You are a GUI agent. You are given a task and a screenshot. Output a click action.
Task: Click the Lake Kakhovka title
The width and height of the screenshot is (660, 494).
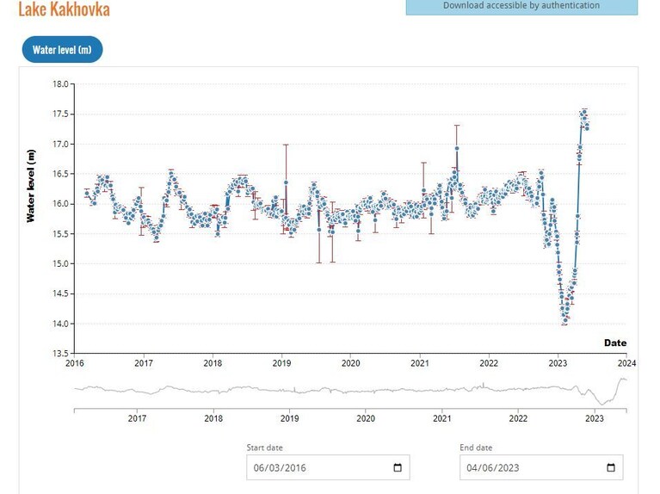(64, 9)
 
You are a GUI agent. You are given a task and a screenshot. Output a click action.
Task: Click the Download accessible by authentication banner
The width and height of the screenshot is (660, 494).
(521, 7)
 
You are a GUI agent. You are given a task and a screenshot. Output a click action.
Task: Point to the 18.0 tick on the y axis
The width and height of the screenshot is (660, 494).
(60, 83)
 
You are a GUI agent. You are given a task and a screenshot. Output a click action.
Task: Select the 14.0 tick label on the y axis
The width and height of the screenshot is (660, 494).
(60, 324)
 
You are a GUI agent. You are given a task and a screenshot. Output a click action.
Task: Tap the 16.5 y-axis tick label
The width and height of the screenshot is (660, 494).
(60, 174)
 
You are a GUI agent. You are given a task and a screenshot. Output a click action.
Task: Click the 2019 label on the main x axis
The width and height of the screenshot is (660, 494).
(281, 363)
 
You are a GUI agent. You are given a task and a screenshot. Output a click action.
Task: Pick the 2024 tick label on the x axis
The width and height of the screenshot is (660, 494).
(626, 363)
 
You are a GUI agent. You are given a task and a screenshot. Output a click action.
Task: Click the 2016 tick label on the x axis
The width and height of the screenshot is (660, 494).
(75, 363)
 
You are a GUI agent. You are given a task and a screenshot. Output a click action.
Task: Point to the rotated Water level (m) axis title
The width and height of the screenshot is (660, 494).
(31, 186)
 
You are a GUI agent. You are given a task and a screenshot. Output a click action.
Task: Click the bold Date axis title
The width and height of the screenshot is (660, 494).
(615, 343)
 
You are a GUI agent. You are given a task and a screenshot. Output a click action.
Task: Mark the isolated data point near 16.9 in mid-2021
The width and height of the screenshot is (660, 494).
(457, 148)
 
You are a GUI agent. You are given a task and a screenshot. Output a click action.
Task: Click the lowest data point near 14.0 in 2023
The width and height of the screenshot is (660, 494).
(564, 321)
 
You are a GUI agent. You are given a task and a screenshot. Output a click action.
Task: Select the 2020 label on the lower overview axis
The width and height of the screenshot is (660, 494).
(366, 418)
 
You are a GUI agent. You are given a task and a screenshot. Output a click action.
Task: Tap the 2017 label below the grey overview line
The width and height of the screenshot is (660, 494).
(137, 418)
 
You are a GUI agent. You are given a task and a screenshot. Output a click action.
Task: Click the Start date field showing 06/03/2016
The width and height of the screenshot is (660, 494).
(328, 467)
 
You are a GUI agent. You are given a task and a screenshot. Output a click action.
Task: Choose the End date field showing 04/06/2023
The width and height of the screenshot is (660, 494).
(541, 467)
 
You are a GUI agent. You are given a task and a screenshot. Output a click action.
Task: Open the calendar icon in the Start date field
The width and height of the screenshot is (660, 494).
(398, 467)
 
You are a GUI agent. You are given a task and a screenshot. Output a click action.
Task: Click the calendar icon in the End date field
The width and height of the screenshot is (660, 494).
(611, 467)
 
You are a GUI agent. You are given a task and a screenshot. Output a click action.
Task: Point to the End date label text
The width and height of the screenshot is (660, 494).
(476, 448)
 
